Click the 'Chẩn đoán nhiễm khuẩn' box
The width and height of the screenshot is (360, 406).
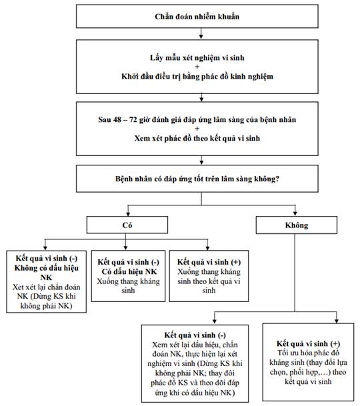(x=197, y=16)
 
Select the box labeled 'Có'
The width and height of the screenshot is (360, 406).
(x=127, y=225)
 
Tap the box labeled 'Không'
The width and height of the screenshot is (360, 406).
(x=297, y=225)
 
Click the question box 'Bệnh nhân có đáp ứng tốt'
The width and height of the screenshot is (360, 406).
(x=197, y=179)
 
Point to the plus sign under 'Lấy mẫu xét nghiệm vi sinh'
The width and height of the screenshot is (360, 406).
(x=197, y=67)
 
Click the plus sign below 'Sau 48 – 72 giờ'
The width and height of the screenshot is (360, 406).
(x=197, y=129)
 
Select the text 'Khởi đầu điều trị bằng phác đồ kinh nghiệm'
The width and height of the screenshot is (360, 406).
(x=197, y=77)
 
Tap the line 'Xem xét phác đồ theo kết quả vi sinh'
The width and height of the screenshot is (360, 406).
(x=197, y=138)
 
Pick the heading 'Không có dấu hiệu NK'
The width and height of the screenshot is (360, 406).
(x=47, y=273)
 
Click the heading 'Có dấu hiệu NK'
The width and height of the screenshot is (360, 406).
(x=129, y=271)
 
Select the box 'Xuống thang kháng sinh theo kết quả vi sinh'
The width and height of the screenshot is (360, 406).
(x=209, y=276)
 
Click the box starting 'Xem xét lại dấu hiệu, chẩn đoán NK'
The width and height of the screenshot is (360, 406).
(x=195, y=363)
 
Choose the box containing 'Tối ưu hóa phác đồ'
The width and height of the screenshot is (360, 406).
(x=308, y=362)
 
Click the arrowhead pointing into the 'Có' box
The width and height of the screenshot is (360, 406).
(x=128, y=214)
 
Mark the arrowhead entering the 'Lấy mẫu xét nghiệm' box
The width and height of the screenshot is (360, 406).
(x=201, y=37)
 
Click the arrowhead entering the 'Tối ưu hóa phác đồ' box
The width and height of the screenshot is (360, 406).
(x=337, y=321)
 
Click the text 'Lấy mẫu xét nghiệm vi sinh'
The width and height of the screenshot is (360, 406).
(x=197, y=58)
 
